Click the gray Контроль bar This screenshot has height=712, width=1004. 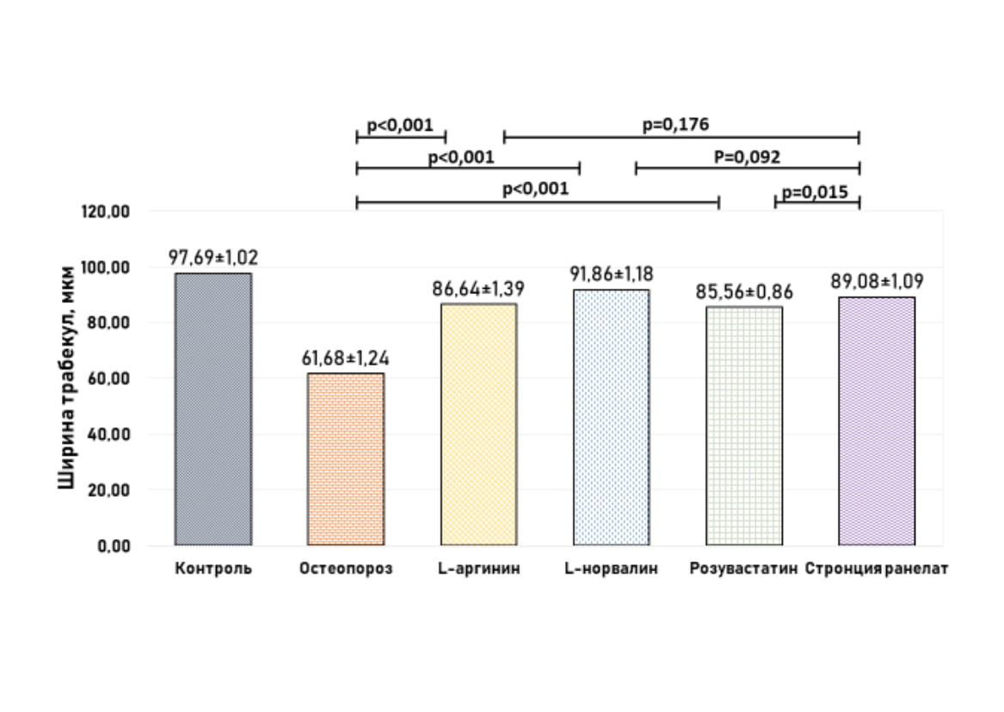213,408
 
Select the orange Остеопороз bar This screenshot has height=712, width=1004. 346,458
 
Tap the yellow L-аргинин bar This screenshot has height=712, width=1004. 478,424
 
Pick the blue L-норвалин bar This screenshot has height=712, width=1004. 611,417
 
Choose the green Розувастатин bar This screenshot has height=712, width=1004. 744,426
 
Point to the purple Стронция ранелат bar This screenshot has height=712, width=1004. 877,420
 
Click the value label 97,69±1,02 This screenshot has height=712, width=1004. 213,257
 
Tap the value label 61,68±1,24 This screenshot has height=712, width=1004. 345,358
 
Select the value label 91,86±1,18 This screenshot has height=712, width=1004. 611,274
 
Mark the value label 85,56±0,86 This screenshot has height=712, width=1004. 744,292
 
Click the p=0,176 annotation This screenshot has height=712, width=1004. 675,125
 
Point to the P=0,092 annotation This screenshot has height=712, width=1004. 747,157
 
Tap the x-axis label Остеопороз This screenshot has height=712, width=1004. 346,569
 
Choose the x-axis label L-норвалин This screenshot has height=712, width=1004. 611,569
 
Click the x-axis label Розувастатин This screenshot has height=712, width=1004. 743,569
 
